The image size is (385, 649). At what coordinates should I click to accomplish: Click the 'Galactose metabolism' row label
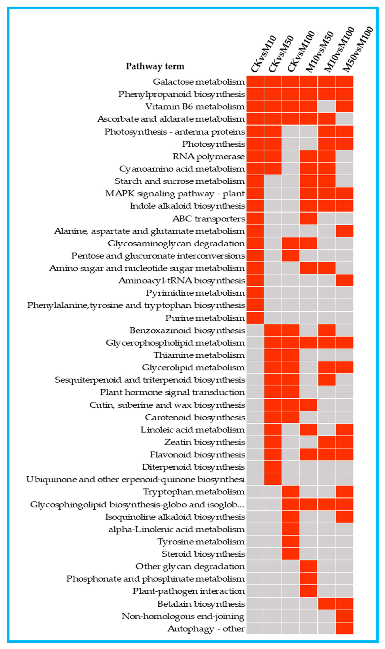[198, 82]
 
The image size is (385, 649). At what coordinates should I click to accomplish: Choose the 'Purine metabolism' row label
[205, 318]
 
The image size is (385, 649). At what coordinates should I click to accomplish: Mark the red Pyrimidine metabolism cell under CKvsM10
[255, 293]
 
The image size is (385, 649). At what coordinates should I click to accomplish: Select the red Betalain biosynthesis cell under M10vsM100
[327, 604]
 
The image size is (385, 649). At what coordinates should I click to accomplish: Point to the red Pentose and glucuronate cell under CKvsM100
[291, 256]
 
